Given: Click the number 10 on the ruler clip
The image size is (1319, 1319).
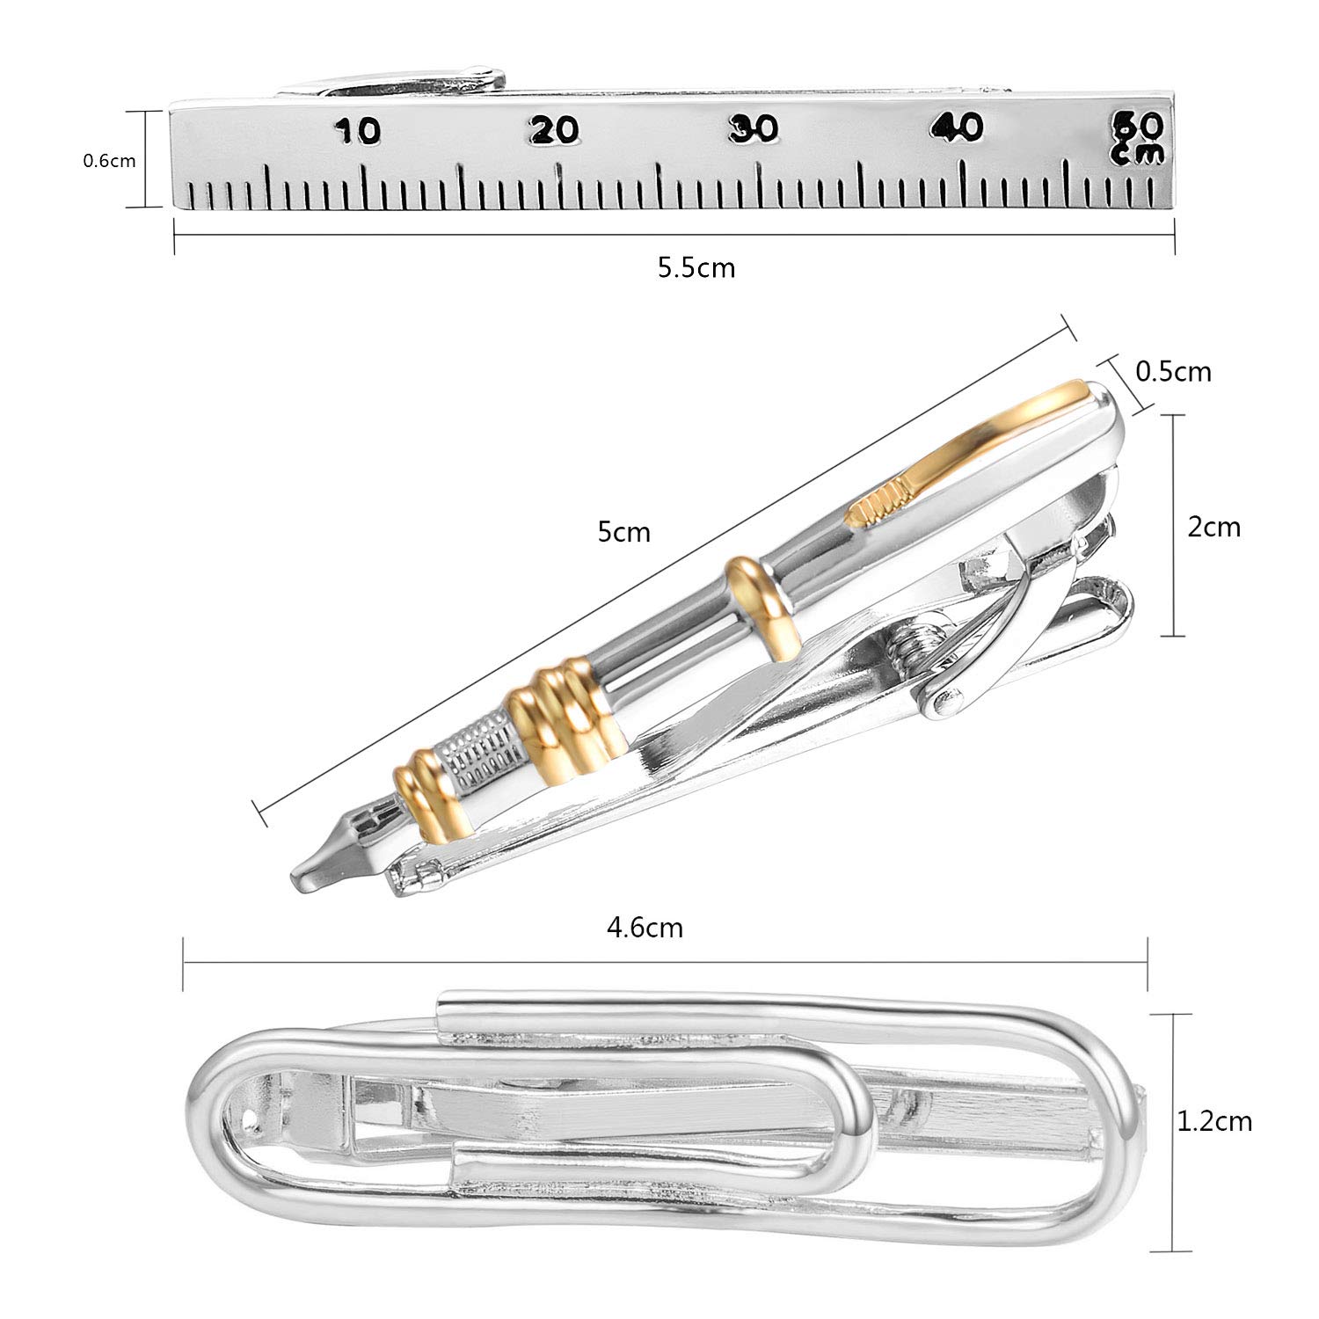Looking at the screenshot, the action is pos(357,131).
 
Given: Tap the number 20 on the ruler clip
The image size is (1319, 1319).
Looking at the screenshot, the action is pos(556,130).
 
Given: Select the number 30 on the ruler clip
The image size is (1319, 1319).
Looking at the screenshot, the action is pos(754,128).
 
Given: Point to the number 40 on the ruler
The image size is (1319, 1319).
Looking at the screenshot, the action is pos(958,128).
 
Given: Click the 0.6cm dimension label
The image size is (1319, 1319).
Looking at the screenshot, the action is pos(109,161).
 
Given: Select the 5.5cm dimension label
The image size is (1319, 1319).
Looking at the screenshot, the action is pos(696,267).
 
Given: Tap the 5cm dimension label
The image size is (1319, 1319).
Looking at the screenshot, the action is pos(624,532).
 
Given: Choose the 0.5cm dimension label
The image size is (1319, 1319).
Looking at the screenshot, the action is pos(1174,372).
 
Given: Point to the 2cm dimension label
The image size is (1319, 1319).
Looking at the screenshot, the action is pos(1214,527).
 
